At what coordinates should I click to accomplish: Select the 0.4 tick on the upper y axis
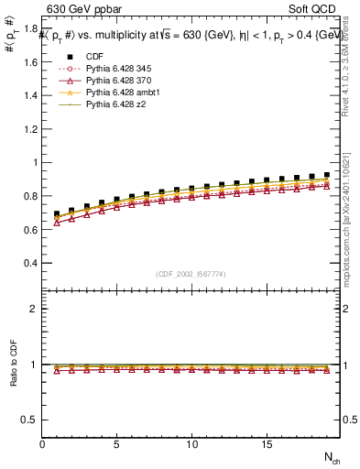point(31,263)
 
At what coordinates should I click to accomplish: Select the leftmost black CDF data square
point(57,214)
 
